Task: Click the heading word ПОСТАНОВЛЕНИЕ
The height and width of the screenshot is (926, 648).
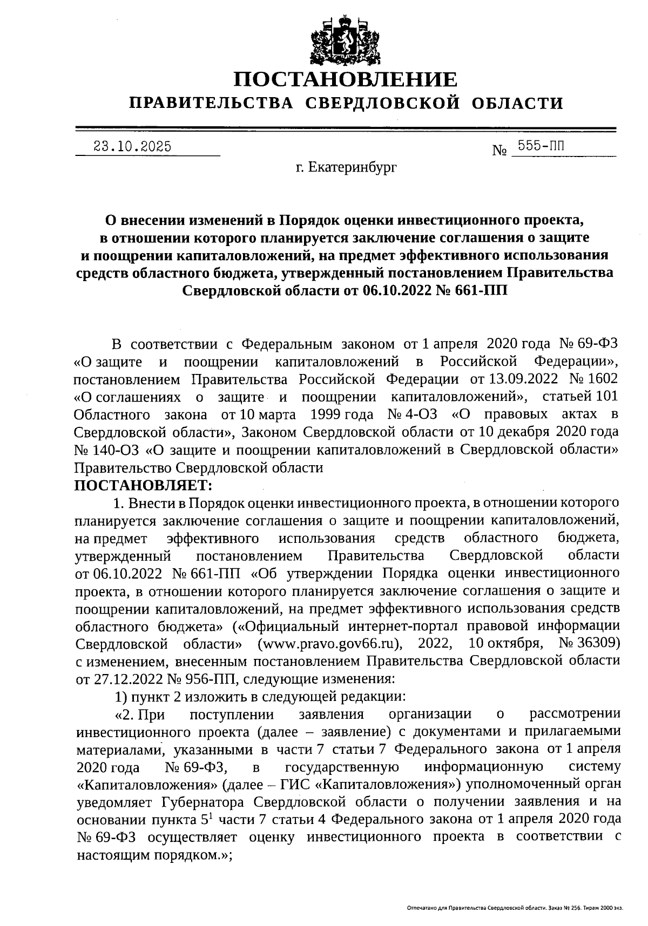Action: (x=346, y=79)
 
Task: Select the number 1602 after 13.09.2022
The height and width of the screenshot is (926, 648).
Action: (x=603, y=379)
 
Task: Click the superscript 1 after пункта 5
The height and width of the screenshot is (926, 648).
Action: (x=212, y=815)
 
